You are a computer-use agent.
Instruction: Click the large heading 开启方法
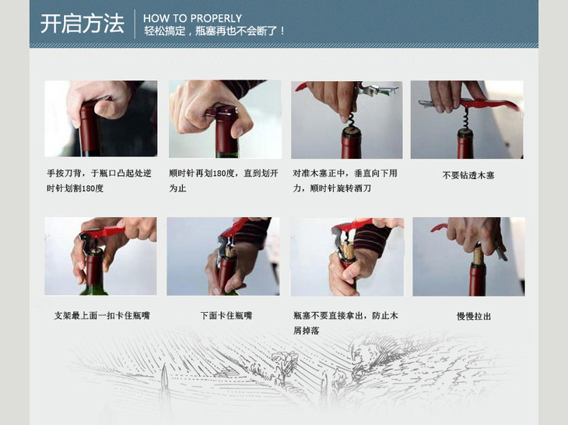point(82,24)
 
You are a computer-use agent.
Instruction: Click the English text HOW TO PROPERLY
point(192,18)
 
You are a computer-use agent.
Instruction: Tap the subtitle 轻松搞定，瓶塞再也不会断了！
point(215,31)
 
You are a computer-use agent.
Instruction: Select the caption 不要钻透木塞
point(468,175)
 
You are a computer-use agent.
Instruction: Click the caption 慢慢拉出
point(473,316)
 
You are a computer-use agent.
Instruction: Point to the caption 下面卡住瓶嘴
point(226,315)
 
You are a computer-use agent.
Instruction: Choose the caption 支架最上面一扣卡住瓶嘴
point(102,315)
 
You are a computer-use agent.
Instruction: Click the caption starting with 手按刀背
point(99,181)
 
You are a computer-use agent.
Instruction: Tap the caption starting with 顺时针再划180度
point(223,181)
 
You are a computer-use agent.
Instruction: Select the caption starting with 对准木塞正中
point(345,181)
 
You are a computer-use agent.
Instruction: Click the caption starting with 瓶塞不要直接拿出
point(345,323)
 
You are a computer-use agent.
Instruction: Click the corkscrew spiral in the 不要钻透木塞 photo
point(465,118)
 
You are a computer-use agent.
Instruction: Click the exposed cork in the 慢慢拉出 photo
point(478,255)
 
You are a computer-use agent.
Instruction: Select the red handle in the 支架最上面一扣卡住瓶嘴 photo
point(106,232)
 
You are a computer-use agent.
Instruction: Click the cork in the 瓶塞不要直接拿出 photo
point(349,250)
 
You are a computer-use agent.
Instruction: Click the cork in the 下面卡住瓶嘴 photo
point(230,251)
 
